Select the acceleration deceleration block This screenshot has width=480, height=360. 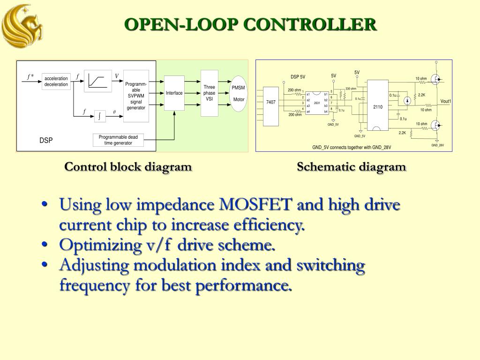point(56,82)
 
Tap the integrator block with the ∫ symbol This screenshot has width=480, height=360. point(99,115)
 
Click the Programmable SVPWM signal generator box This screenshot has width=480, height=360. point(136,96)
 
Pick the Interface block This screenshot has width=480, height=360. point(174,93)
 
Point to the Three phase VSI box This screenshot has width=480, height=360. point(209,93)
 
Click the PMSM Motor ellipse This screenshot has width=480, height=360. point(239,94)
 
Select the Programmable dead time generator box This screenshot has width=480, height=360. point(118,140)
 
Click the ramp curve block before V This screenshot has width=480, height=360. point(98,81)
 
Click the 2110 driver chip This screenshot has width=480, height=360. point(378,106)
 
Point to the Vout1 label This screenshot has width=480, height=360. point(445,101)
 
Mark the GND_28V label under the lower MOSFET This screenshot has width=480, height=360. point(438,145)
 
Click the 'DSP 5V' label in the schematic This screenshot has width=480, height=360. point(298,77)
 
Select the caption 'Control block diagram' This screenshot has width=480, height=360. point(128,167)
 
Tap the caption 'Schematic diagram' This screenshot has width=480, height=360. point(351,167)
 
